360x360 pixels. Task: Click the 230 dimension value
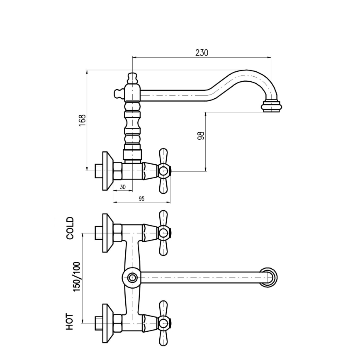[x=201, y=53]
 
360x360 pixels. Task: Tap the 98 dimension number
[x=201, y=136]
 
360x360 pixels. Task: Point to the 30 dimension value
[x=122, y=187]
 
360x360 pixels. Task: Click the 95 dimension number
[x=141, y=199]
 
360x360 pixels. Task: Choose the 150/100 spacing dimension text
[x=77, y=277]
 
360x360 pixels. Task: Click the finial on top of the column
[x=132, y=78]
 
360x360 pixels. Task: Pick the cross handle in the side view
[x=163, y=170]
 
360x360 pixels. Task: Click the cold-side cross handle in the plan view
[x=163, y=233]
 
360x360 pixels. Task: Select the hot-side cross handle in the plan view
[x=163, y=322]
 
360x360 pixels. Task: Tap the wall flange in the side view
[x=107, y=170]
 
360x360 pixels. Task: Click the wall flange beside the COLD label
[x=107, y=233]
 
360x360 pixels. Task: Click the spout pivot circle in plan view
[x=132, y=277]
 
